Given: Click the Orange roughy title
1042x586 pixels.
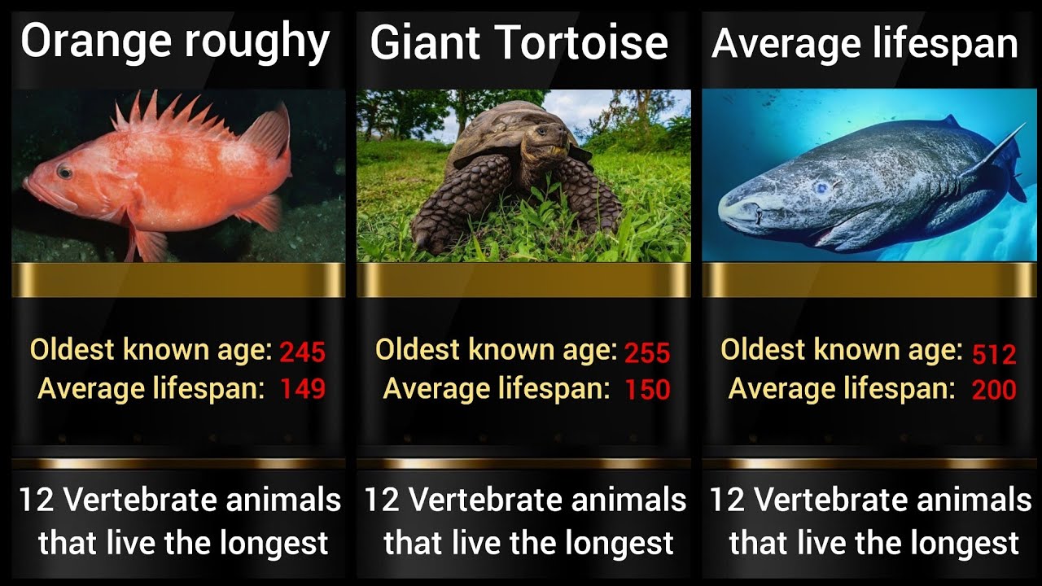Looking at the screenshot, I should [x=175, y=42].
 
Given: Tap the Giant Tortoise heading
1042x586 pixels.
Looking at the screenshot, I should [x=519, y=44].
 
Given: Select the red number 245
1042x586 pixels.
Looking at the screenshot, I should [x=302, y=352].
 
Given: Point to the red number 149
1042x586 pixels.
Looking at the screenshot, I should [x=302, y=390].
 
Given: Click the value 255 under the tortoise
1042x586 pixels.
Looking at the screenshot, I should [x=647, y=353].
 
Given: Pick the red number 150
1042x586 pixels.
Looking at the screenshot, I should [x=647, y=390].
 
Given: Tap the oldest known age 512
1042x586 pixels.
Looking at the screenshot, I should [x=994, y=354].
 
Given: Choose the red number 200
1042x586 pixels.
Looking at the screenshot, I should [x=994, y=390].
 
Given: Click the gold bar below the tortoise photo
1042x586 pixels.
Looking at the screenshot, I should [x=523, y=280].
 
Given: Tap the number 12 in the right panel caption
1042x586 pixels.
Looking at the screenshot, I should [x=726, y=500].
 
